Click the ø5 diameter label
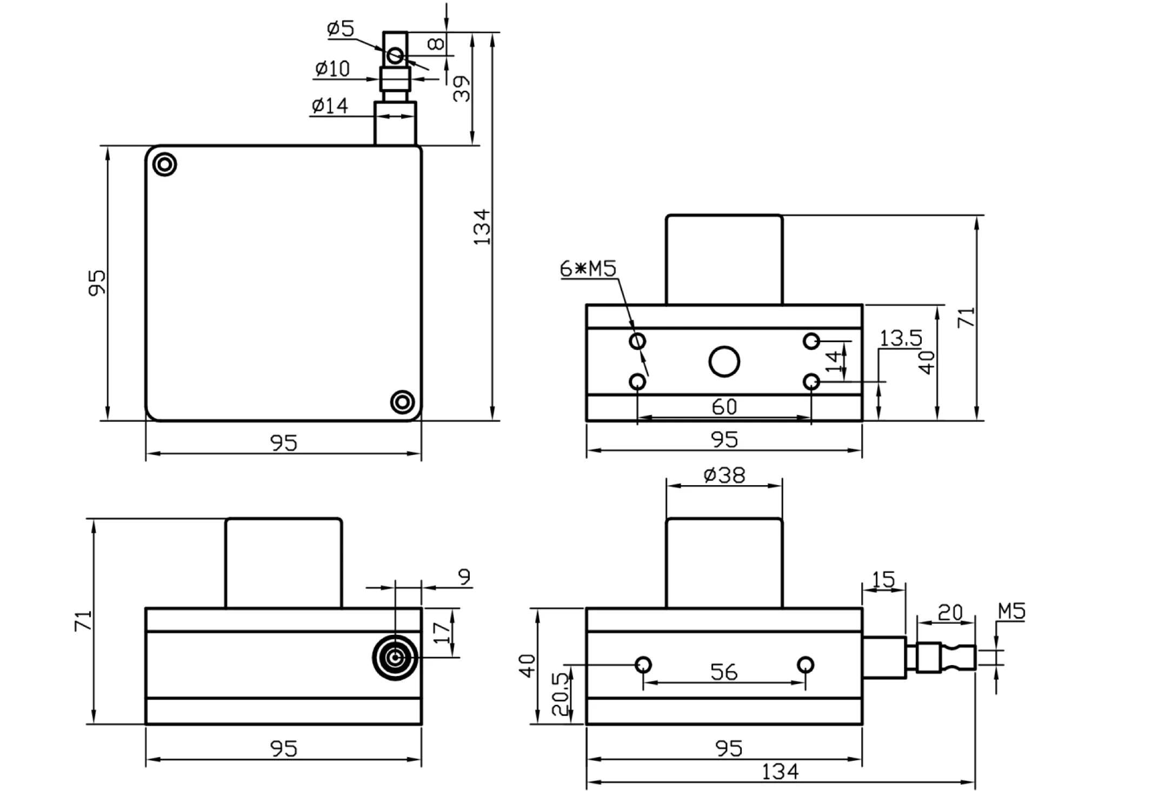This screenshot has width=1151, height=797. tap(341, 28)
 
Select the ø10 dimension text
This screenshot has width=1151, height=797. tap(332, 69)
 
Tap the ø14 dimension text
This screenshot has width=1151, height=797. tap(330, 105)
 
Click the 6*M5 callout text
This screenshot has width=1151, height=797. tap(588, 269)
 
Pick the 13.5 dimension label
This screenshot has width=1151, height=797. tap(900, 338)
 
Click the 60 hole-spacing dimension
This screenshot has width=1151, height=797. tap(724, 407)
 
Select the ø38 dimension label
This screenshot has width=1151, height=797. tap(724, 475)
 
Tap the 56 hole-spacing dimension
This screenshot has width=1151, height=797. tap(723, 672)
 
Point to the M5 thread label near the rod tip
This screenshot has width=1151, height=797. tap(1011, 612)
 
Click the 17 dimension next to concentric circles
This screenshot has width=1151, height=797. tap(442, 632)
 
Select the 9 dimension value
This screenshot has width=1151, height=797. tap(464, 577)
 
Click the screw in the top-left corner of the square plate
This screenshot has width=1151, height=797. tap(165, 164)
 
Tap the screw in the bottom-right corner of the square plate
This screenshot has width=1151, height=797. tap(402, 402)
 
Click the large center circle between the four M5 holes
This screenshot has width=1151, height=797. tap(724, 361)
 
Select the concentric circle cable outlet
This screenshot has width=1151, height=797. tap(395, 658)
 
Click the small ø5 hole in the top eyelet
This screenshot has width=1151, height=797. tap(395, 55)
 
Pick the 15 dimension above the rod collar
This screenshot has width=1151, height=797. tap(883, 580)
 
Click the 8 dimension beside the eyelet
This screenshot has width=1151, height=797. tap(435, 43)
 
